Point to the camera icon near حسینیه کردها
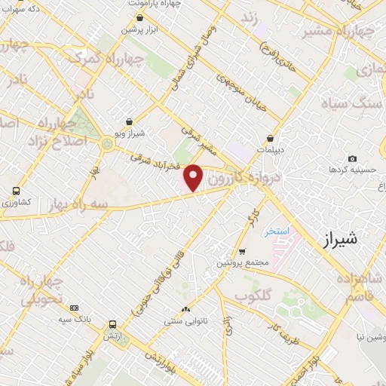(352, 158)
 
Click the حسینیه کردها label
(348, 170)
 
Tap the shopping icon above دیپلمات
(270, 138)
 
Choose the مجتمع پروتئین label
(241, 262)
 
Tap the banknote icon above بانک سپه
(74, 308)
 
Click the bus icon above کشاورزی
(16, 191)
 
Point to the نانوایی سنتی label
(185, 321)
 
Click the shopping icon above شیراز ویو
(130, 121)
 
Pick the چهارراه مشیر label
(347, 32)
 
